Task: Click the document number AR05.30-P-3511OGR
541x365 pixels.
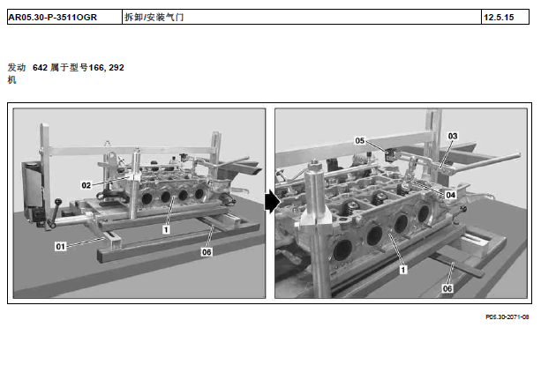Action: point(52,18)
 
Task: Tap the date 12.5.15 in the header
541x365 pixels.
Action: point(499,18)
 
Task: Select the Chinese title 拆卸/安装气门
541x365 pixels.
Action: point(154,18)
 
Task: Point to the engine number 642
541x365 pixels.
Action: point(40,68)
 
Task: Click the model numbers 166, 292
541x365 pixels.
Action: point(106,68)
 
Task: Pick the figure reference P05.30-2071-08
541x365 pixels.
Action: point(507,317)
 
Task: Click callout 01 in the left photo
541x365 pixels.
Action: point(60,247)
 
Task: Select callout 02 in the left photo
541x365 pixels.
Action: point(86,185)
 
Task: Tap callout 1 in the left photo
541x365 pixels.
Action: point(166,229)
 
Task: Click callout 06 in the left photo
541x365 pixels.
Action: point(207,252)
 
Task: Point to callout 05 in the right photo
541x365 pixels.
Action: point(360,141)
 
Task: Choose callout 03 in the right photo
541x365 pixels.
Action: point(453,136)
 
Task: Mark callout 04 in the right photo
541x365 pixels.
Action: point(451,195)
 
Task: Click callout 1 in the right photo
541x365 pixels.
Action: point(402,270)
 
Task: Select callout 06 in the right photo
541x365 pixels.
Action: point(447,288)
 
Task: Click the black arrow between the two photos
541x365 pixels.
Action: point(272,202)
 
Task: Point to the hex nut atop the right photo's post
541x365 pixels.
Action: point(314,164)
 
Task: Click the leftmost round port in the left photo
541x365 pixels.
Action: point(147,198)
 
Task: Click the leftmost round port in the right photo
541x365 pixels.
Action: point(342,250)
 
